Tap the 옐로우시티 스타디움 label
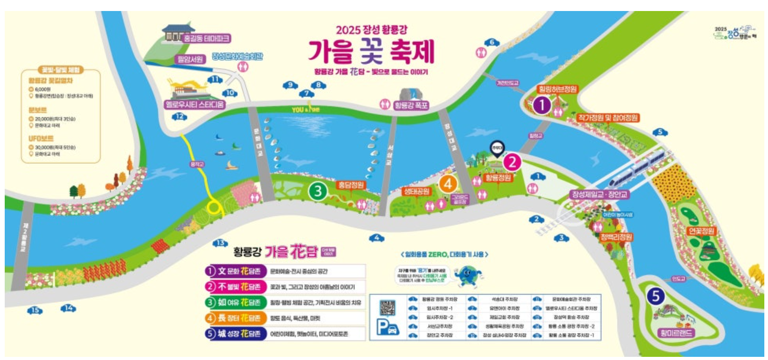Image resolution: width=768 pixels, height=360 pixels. [194, 104]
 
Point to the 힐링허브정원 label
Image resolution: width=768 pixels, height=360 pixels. [557, 89]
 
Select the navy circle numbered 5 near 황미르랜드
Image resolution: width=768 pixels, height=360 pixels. [655, 297]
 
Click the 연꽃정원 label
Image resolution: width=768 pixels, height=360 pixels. [701, 231]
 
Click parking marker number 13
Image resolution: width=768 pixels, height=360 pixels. [221, 243]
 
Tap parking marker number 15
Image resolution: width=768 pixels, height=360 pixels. [35, 311]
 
